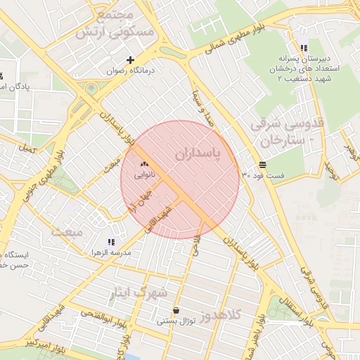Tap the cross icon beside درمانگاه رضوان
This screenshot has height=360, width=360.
click(129, 60)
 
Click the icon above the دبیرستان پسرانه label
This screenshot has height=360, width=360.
click(303, 49)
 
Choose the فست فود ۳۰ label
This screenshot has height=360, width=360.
click(260, 174)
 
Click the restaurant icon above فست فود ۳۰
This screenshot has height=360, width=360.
click(262, 164)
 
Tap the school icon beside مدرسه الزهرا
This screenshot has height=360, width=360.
click(110, 241)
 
